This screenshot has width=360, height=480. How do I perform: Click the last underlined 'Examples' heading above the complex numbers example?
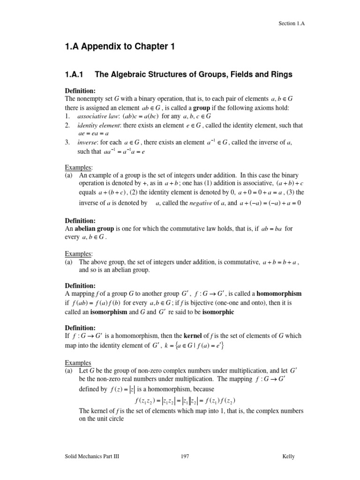[x=78, y=363]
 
